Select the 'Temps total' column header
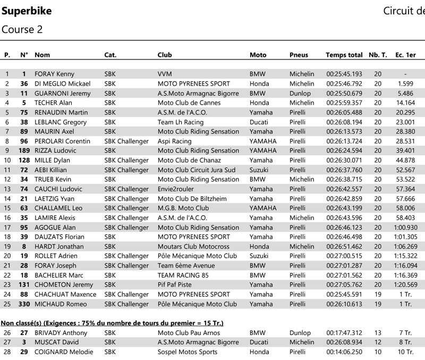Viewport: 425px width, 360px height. click(344, 55)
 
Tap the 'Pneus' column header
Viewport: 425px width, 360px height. click(299, 55)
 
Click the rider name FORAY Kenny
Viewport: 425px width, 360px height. click(54, 74)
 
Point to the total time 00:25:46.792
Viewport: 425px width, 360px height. click(344, 84)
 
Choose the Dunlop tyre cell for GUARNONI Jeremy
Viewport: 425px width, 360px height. click(300, 93)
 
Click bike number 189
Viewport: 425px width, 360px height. click(24, 151)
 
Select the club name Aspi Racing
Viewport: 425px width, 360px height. click(174, 141)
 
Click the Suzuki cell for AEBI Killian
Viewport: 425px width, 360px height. click(259, 170)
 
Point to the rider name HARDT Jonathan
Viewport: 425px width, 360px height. click(59, 246)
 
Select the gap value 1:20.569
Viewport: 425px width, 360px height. click(405, 285)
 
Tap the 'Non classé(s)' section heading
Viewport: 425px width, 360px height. click(112, 323)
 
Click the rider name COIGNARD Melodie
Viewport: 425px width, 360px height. click(64, 352)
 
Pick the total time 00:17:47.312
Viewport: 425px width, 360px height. click(344, 332)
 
